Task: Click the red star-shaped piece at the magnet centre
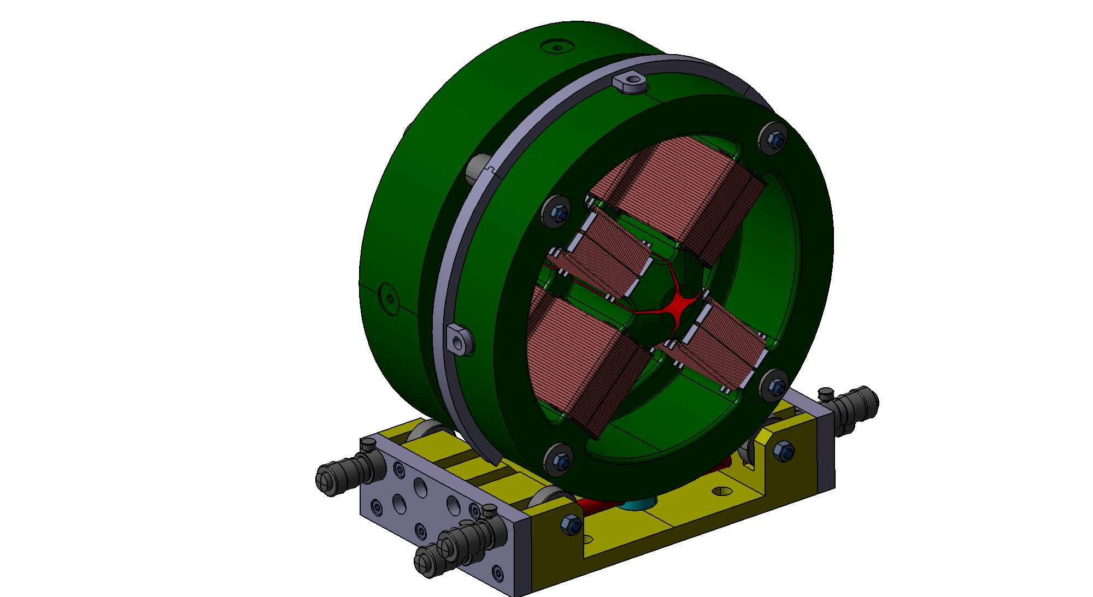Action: [x=680, y=304]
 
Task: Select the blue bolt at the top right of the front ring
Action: [x=778, y=141]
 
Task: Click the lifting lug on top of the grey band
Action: [x=631, y=82]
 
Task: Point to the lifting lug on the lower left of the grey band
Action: [x=458, y=340]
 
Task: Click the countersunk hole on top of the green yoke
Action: [x=557, y=47]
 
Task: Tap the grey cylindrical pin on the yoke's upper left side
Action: [x=477, y=168]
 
